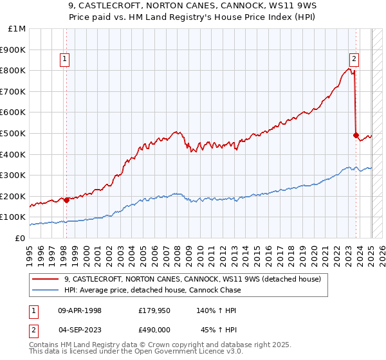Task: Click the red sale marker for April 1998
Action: pyautogui.click(x=66, y=200)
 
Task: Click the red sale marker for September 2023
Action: pyautogui.click(x=356, y=135)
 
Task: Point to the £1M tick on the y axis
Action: pyautogui.click(x=17, y=29)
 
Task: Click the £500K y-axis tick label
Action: pyautogui.click(x=14, y=134)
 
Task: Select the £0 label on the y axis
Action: pyautogui.click(x=20, y=238)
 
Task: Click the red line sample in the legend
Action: pyautogui.click(x=46, y=278)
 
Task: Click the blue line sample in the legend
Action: pyautogui.click(x=46, y=290)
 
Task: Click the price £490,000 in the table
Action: pyautogui.click(x=154, y=329)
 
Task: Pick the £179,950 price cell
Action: pyautogui.click(x=154, y=310)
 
